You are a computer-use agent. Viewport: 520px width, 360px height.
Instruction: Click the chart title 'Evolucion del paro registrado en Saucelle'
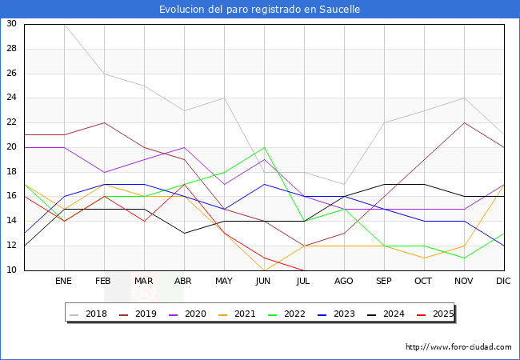(259, 10)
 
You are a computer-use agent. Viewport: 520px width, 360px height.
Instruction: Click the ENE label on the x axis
(64, 282)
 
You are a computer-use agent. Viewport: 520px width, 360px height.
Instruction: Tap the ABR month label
(184, 282)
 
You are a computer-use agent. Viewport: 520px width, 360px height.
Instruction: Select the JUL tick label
(304, 282)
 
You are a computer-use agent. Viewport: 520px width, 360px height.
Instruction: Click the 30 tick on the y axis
(11, 24)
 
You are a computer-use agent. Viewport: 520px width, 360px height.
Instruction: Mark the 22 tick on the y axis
(11, 122)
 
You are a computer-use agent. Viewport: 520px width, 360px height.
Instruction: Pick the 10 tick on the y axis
(11, 270)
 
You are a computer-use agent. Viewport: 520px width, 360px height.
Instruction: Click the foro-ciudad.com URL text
(458, 347)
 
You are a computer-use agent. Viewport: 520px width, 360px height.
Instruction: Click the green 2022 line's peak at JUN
(264, 147)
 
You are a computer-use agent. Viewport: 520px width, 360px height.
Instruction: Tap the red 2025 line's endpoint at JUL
(304, 270)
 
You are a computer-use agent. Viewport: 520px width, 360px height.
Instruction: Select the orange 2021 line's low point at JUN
(264, 270)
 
